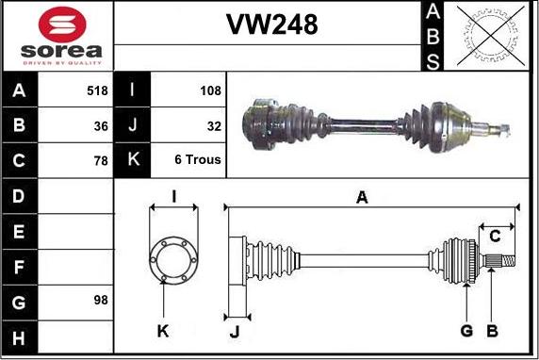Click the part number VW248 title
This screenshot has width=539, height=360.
(x=270, y=25)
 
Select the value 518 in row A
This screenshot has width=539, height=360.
(x=96, y=90)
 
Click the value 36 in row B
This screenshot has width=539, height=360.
(x=101, y=125)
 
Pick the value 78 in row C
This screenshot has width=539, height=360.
(x=101, y=160)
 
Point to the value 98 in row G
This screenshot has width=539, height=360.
(x=101, y=301)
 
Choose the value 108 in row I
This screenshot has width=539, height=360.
(x=211, y=90)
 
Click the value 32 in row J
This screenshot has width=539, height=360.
(x=214, y=125)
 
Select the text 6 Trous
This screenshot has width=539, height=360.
(x=198, y=160)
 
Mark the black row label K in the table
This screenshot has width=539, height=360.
(x=132, y=160)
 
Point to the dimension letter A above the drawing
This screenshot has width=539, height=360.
(x=361, y=196)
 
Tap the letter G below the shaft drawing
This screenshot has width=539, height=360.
(x=465, y=331)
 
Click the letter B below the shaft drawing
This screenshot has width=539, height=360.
(x=491, y=331)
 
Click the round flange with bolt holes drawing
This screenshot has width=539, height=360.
(x=173, y=257)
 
